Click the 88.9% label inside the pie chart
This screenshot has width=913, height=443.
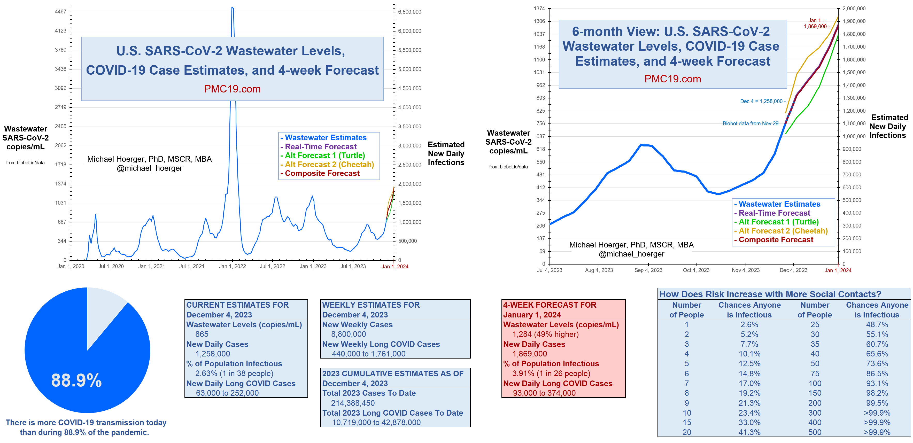76,380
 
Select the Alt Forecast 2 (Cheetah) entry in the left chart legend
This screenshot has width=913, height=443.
329,165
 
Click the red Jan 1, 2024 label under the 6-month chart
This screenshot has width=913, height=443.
838,270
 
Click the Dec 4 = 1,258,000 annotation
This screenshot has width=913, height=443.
762,101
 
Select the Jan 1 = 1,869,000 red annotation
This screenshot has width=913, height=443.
816,24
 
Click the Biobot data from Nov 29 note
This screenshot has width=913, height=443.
750,123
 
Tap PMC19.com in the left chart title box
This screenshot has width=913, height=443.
232,89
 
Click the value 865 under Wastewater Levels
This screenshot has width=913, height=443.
202,334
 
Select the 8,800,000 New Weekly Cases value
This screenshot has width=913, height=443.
349,334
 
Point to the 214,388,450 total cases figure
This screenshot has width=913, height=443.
353,403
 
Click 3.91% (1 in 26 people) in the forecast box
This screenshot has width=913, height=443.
551,374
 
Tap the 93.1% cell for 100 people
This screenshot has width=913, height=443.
877,384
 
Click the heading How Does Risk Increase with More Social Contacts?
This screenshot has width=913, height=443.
770,294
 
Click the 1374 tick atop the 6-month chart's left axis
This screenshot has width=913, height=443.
539,9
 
